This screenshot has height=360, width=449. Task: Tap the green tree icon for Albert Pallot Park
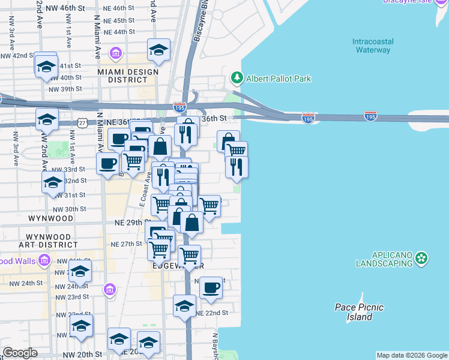[237, 79]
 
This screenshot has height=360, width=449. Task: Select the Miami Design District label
[128, 77]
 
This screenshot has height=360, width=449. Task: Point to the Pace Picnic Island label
[359, 312]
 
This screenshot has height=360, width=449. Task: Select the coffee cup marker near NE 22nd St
[211, 288]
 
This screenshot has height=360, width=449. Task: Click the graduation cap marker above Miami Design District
[158, 50]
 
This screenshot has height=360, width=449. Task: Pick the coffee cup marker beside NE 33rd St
[108, 163]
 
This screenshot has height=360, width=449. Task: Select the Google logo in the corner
[20, 353]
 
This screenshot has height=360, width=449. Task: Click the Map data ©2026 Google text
[411, 355]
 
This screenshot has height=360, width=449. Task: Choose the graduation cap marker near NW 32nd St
[53, 183]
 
